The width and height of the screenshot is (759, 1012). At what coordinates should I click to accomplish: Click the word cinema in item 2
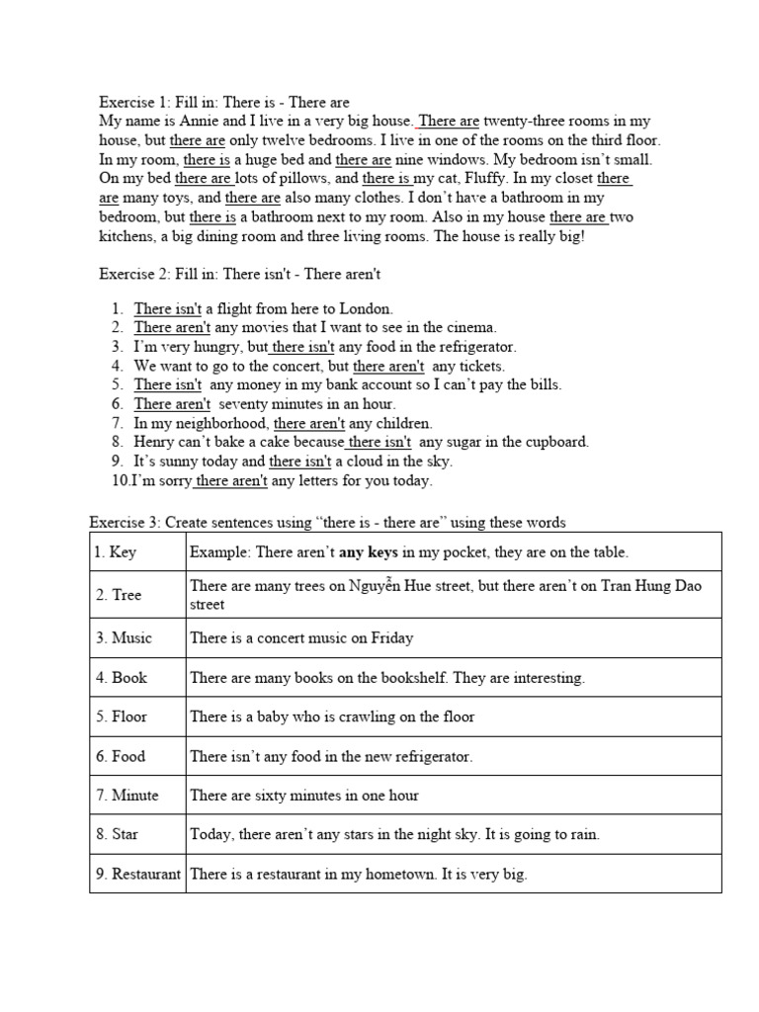click(x=467, y=327)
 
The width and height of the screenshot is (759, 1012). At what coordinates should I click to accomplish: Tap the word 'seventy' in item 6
click(x=243, y=404)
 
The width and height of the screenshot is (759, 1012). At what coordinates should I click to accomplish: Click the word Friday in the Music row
click(x=392, y=637)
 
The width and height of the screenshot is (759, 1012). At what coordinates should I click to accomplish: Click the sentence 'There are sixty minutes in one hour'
click(x=304, y=795)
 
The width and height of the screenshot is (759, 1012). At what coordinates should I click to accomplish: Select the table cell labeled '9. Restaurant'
click(x=137, y=874)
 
